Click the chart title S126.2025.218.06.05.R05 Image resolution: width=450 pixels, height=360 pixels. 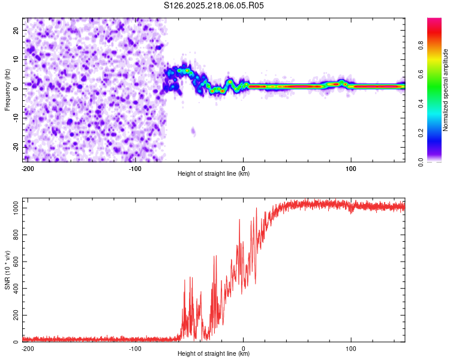pyautogui.click(x=214, y=5)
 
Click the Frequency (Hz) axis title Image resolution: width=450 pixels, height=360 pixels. pyautogui.click(x=7, y=90)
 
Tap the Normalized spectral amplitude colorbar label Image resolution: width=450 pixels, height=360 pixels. pyautogui.click(x=445, y=90)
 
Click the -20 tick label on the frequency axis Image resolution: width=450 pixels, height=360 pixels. pyautogui.click(x=16, y=147)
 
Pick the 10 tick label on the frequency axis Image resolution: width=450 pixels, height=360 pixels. pyautogui.click(x=16, y=59)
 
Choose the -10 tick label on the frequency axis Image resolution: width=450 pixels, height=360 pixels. pyautogui.click(x=16, y=118)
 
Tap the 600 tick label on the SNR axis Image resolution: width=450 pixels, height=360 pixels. pyautogui.click(x=16, y=262)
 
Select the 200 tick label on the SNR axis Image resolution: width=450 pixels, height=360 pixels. pyautogui.click(x=16, y=315)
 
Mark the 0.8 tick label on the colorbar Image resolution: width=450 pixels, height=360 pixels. pyautogui.click(x=421, y=45)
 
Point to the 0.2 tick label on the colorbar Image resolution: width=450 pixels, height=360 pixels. pyautogui.click(x=421, y=133)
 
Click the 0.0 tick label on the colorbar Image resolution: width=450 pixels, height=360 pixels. pyautogui.click(x=421, y=162)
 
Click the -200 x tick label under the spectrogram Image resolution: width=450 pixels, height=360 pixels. pyautogui.click(x=28, y=169)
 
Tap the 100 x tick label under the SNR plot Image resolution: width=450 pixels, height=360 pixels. pyautogui.click(x=351, y=349)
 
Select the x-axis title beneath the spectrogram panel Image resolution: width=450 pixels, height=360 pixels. pyautogui.click(x=214, y=173)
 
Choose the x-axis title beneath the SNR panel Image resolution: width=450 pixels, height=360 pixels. pyautogui.click(x=214, y=353)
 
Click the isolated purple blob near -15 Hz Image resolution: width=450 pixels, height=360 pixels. pyautogui.click(x=193, y=131)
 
